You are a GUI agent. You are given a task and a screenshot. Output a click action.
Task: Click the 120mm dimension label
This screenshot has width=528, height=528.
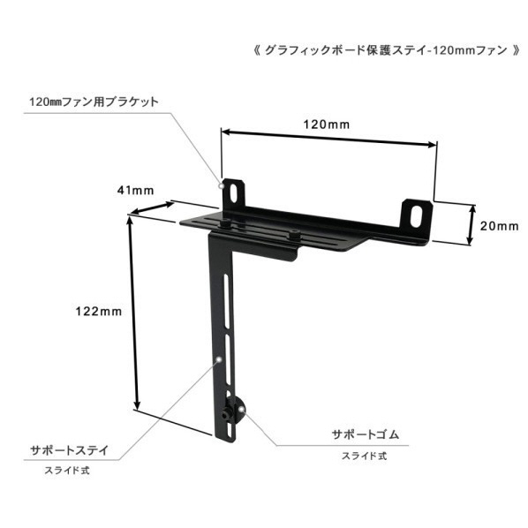[x=327, y=124]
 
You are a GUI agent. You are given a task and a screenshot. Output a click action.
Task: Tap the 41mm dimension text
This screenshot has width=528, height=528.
[x=136, y=191]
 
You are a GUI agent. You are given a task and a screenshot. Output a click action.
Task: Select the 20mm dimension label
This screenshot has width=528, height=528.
[x=499, y=226]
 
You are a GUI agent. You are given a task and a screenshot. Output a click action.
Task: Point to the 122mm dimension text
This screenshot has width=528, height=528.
[x=98, y=312]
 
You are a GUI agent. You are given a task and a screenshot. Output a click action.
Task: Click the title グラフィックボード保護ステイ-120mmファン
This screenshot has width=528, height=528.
[x=386, y=51]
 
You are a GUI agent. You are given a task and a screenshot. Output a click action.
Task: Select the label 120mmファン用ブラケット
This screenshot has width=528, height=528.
[x=94, y=102]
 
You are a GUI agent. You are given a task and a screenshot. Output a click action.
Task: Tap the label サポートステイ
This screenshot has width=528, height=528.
[x=70, y=450]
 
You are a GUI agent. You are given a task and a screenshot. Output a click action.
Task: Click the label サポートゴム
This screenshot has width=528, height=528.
[x=366, y=434]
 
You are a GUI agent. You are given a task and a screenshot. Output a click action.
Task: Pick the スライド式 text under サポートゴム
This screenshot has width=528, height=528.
[x=365, y=456]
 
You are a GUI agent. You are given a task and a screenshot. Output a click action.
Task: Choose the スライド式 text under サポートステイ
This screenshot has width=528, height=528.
[x=67, y=471]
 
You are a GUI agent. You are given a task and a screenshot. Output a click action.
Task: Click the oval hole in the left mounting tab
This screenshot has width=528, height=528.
[x=233, y=193]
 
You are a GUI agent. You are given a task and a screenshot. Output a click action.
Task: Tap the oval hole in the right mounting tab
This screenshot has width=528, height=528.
[x=417, y=215]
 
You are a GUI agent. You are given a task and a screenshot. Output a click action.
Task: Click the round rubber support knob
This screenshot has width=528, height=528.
[x=236, y=411]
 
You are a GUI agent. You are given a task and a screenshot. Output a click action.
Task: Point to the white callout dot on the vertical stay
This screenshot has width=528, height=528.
[x=220, y=359]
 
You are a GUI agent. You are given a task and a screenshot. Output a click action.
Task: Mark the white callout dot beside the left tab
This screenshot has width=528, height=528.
[x=222, y=185]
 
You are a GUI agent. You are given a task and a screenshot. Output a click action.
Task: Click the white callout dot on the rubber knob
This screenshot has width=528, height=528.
[x=242, y=409]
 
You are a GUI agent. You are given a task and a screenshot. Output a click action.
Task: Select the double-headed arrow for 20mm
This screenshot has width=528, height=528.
[x=471, y=225]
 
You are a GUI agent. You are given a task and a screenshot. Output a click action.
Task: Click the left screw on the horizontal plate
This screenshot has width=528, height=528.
[x=225, y=223]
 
